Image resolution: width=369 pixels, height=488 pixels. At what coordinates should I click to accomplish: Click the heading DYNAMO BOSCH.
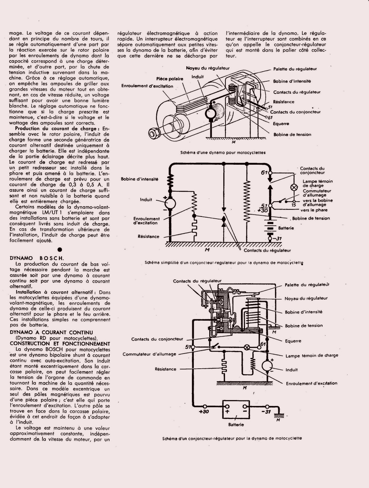click(x=37, y=258)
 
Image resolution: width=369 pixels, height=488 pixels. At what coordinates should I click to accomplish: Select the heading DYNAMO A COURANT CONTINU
click(x=51, y=332)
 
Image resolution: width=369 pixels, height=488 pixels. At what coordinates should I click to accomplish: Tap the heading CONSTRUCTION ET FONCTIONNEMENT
click(x=60, y=344)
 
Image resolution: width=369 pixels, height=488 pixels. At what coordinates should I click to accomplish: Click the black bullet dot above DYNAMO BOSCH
click(x=59, y=250)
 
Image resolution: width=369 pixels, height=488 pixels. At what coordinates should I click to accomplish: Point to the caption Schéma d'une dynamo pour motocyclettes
click(x=223, y=152)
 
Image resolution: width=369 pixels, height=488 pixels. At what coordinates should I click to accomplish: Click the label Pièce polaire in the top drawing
click(x=170, y=79)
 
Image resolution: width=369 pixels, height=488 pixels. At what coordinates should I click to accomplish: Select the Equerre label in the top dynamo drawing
click(x=281, y=124)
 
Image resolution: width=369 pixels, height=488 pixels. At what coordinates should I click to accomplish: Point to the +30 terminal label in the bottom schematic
click(x=203, y=412)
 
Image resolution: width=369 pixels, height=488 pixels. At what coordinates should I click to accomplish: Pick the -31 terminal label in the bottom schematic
click(x=266, y=412)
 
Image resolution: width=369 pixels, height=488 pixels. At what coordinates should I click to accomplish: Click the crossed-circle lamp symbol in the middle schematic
click(x=294, y=187)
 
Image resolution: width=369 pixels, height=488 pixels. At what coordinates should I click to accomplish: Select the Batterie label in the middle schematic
click(x=286, y=228)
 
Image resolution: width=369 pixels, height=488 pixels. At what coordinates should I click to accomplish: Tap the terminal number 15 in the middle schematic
click(x=294, y=204)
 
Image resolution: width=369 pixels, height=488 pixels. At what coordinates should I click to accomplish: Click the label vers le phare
click(x=316, y=210)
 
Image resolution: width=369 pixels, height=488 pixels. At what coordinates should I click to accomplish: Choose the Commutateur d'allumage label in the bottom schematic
click(x=149, y=354)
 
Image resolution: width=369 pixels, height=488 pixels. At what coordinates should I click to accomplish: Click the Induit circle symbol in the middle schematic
click(x=170, y=202)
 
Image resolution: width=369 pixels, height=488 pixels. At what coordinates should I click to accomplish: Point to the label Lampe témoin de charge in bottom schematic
click(x=311, y=355)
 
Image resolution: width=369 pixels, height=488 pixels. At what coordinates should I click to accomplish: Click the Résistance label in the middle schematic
click(x=148, y=236)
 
